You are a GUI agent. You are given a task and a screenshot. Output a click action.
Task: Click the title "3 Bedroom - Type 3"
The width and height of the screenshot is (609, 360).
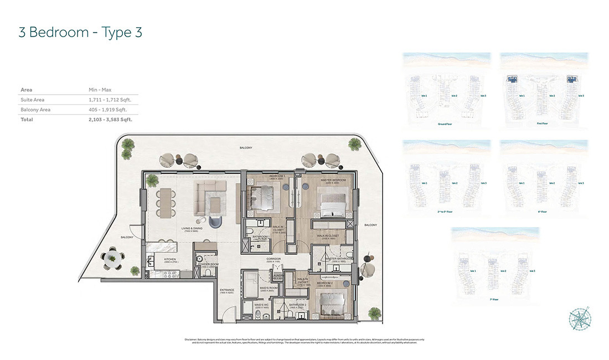coord(80,32)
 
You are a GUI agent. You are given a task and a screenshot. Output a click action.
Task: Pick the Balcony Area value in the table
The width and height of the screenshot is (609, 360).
coord(109,110)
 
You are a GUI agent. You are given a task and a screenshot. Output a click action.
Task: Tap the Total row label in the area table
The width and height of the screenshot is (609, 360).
coord(27,119)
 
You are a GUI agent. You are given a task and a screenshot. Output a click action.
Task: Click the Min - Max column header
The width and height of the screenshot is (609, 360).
coord(100,90)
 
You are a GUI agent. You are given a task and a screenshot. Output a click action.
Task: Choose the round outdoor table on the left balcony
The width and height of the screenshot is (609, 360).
coord(112,258)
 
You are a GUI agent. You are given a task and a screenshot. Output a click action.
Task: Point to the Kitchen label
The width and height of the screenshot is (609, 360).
coord(170,259)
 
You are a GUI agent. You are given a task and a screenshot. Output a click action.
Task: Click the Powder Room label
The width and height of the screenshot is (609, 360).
coord(209,264)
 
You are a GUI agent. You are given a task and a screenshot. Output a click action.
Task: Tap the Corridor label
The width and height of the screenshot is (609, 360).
coord(273,259)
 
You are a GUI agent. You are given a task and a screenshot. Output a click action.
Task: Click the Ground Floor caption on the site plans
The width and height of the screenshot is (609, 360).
coord(446,124)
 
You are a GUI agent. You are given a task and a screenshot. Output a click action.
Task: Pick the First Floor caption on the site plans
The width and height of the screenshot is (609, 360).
coord(543,124)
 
